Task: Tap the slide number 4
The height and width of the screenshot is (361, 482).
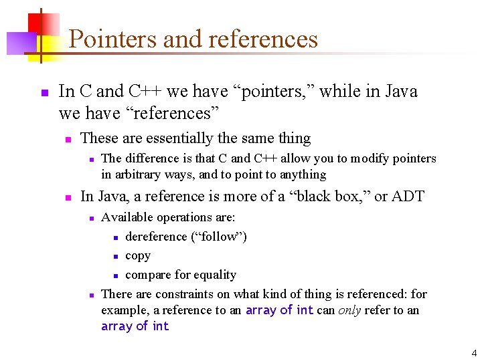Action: [474, 352]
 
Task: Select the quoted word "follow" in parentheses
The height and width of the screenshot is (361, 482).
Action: [219, 237]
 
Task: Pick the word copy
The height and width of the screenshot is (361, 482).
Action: [138, 255]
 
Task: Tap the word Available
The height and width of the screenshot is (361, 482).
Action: [128, 217]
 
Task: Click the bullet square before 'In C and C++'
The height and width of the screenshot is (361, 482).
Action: [44, 92]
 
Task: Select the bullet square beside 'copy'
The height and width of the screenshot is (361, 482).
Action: [116, 257]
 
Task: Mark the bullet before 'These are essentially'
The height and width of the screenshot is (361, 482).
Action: [67, 140]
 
